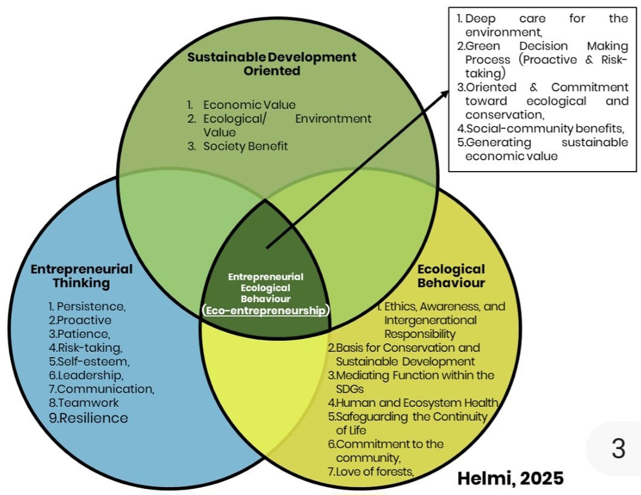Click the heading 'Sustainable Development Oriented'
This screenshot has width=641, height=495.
271,63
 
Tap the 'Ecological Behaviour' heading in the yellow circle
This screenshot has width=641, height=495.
451,276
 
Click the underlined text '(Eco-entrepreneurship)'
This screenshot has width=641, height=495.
266,311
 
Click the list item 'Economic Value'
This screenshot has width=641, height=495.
250,105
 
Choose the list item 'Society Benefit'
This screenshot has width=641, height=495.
245,146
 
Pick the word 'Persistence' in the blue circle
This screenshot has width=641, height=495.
91,306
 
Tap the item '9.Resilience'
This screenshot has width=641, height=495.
88,418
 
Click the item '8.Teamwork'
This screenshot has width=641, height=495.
84,403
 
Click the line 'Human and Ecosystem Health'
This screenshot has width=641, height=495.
413,403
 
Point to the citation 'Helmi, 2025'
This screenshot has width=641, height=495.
510,478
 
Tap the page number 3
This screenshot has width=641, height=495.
618,449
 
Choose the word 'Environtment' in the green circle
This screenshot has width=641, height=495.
333,118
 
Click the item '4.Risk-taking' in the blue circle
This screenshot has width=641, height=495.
86,348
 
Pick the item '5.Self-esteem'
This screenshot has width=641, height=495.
89,361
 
